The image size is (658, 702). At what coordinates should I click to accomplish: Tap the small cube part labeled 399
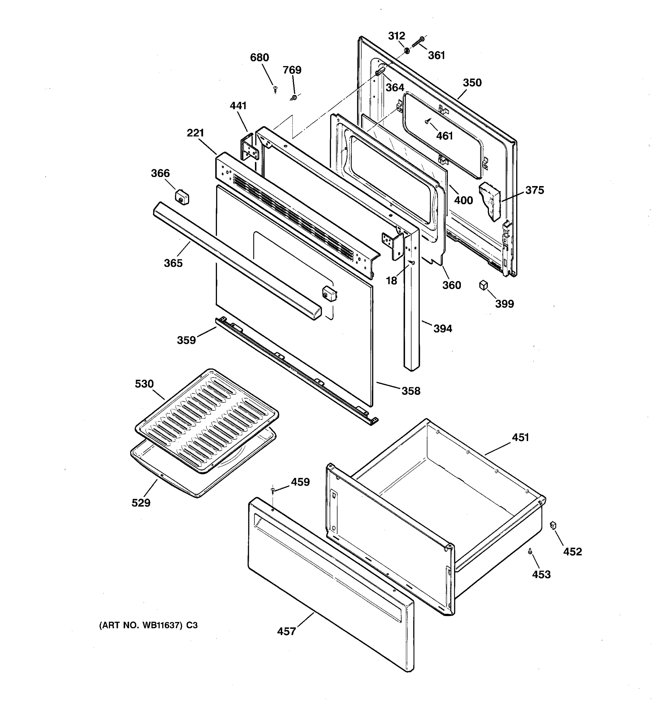click(483, 285)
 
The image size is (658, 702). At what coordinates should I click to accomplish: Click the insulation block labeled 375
click(490, 201)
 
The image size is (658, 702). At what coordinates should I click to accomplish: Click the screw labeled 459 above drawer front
click(273, 489)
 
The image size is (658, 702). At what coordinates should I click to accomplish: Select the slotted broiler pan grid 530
click(206, 420)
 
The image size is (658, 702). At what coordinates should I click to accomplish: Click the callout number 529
click(141, 503)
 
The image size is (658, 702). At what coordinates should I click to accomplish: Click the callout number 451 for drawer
click(520, 438)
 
